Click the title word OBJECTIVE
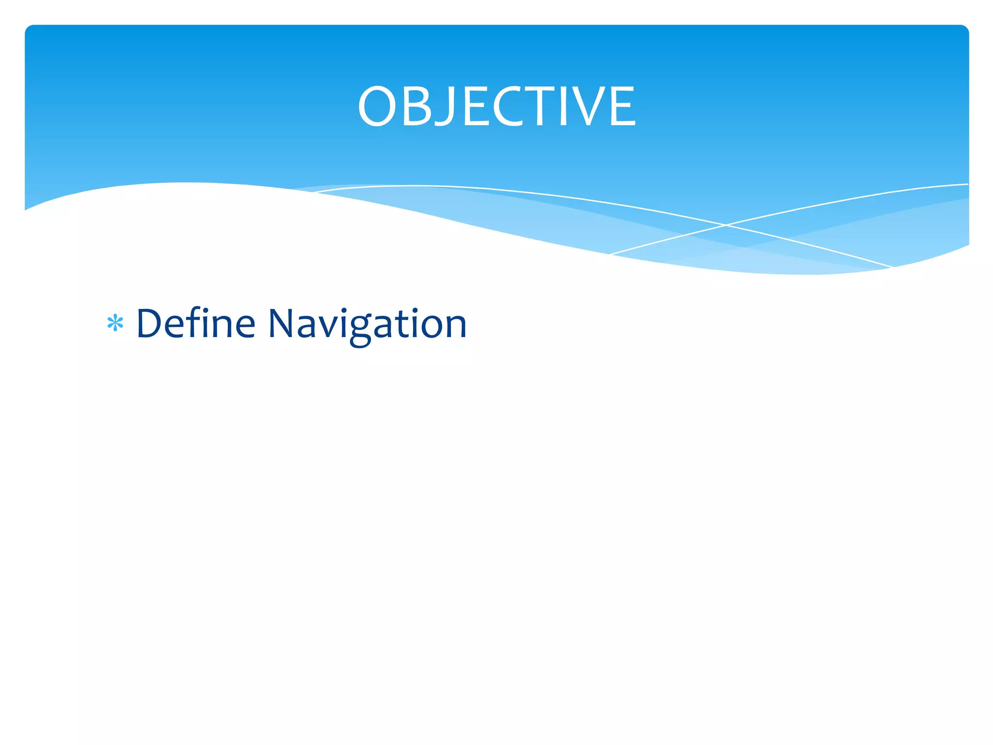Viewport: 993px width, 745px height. coord(496,106)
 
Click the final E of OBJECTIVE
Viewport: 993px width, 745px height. coord(623,107)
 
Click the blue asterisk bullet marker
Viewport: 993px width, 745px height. coord(115,323)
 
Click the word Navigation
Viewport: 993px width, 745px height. coord(367,324)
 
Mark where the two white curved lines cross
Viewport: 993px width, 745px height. coord(726,225)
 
